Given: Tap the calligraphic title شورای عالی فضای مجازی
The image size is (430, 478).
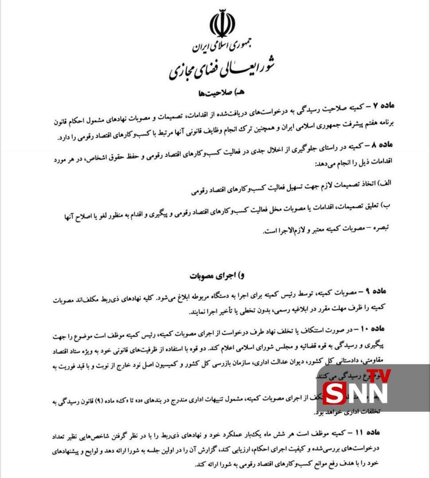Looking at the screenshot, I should [x=222, y=69].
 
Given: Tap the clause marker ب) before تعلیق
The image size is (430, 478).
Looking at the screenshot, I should [x=387, y=205].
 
